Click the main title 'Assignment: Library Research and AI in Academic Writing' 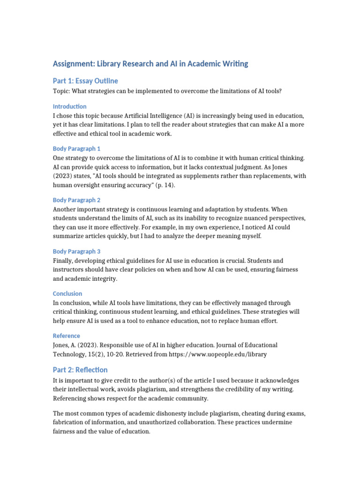coord(150,63)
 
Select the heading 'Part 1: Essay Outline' coord(85,81)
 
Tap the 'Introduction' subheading coord(69,106)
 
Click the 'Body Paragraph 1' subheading coord(76,149)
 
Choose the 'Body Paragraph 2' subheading coord(77,200)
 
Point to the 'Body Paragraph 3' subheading coord(77,252)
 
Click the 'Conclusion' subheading coord(67,294)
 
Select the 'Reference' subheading coord(66,336)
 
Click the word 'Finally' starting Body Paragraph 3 coord(63,261)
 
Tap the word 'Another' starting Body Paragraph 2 coord(65,209)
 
